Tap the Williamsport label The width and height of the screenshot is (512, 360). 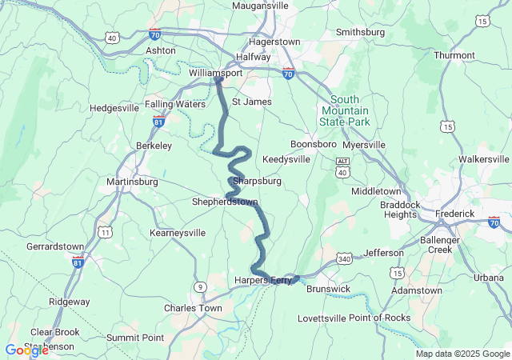pos(215,72)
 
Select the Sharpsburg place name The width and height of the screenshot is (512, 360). pos(257,181)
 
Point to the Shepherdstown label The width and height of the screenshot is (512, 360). pos(225,202)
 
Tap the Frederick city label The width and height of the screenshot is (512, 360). pos(454,214)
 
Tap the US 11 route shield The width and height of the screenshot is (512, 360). pos(105,231)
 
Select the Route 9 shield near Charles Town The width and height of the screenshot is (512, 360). pos(198,286)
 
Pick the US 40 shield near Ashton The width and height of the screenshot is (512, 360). pos(111,38)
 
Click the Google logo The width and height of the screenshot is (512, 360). pos(26,350)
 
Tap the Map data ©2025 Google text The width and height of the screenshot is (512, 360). pos(462,354)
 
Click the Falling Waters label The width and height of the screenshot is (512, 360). pos(175,104)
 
